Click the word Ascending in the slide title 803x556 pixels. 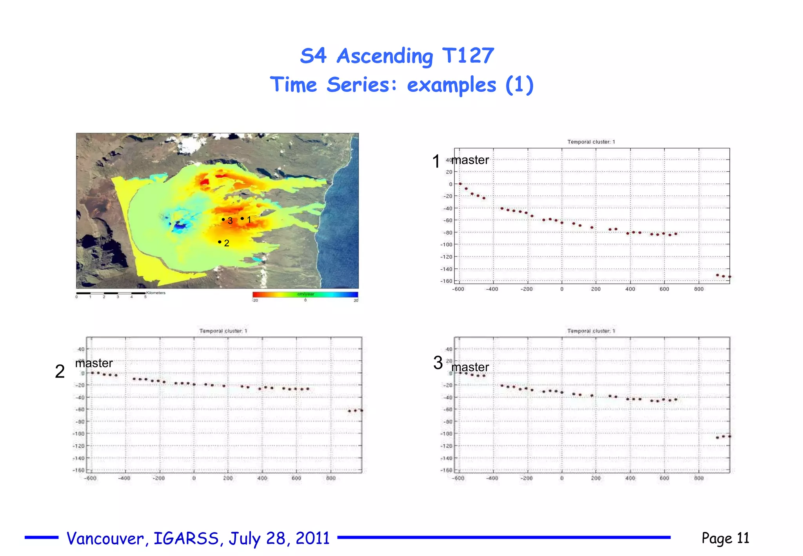click(385, 56)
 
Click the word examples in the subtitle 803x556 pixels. click(451, 85)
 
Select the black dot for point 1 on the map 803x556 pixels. click(242, 218)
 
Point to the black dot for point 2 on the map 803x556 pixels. click(220, 242)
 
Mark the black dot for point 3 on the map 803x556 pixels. click(223, 220)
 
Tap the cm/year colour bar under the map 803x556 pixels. click(305, 294)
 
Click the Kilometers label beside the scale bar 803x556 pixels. click(156, 293)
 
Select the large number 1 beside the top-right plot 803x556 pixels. click(436, 161)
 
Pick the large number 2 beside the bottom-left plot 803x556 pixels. click(60, 371)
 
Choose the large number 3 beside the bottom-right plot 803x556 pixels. click(438, 363)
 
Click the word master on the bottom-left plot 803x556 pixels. click(94, 363)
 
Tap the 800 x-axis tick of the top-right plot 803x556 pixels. click(699, 289)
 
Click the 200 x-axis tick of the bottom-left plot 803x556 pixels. click(228, 478)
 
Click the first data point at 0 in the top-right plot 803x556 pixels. click(460, 184)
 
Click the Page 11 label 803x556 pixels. click(725, 538)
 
